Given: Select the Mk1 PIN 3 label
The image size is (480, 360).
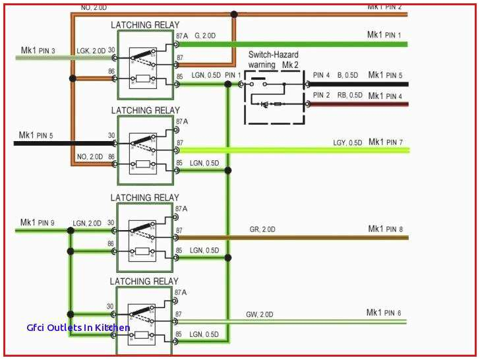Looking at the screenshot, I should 38,50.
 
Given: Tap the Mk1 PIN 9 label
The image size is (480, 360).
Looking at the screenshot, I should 38,222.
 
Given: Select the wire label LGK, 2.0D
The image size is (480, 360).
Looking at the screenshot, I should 90,51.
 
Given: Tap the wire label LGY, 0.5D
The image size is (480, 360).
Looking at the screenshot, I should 347,142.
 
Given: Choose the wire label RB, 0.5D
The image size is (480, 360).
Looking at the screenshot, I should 349,95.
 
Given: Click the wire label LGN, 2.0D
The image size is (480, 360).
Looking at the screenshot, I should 87,223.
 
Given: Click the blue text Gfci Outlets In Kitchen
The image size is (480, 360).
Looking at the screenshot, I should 78,328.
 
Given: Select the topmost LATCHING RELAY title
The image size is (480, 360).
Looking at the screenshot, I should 144,25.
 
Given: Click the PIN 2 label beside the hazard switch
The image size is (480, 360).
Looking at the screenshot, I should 321,95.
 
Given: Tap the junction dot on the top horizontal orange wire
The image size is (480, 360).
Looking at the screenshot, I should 233,14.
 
